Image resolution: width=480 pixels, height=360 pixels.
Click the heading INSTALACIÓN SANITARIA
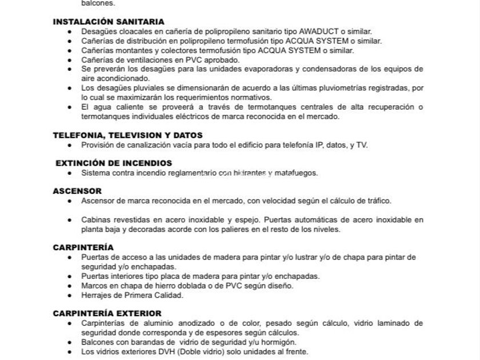click(x=109, y=22)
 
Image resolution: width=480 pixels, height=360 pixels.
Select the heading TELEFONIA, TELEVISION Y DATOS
click(x=127, y=135)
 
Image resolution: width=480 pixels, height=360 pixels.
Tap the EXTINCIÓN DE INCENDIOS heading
click(x=114, y=163)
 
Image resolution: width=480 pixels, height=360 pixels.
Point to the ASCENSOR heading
click(x=77, y=191)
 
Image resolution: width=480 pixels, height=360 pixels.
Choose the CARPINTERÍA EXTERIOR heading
click(x=107, y=313)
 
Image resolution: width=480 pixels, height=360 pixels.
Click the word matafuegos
click(x=296, y=173)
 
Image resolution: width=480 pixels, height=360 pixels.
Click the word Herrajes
click(x=97, y=295)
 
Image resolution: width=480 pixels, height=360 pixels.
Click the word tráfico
click(x=377, y=201)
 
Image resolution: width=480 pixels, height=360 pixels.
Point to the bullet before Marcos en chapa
click(x=69, y=286)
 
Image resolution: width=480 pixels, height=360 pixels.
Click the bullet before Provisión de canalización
click(x=69, y=145)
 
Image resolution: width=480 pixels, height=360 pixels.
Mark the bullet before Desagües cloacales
click(x=69, y=31)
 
